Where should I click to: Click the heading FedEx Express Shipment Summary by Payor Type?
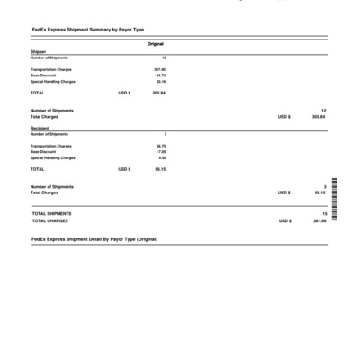(x=87, y=31)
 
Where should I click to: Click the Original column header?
(x=156, y=44)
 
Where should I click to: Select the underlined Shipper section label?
(x=38, y=52)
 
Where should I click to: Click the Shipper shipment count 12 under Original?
(x=163, y=58)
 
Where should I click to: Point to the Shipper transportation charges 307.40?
(x=159, y=69)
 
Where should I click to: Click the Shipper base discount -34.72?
(x=159, y=76)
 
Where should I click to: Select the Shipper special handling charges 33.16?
(x=160, y=82)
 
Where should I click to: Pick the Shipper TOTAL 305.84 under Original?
(x=159, y=93)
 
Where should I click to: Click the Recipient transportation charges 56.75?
(x=160, y=146)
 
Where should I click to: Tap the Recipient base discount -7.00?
(x=161, y=152)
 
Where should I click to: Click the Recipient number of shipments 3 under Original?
(x=165, y=134)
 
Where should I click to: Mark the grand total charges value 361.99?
(x=319, y=220)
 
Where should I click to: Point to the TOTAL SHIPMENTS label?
(x=51, y=213)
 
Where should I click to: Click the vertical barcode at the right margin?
(x=335, y=202)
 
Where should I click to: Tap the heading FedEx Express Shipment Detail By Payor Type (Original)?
(x=94, y=239)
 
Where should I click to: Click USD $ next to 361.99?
(x=284, y=220)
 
